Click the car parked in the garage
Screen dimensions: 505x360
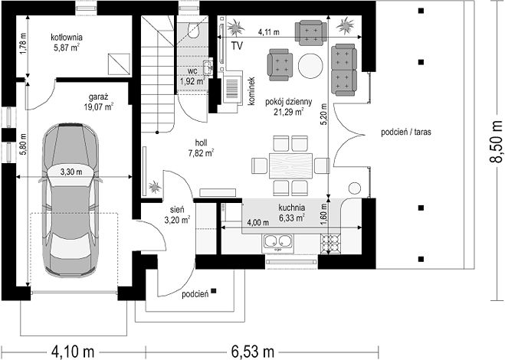[x=71, y=200]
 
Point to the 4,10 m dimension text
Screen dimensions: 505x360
[x=73, y=352]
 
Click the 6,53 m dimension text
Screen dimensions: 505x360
[x=253, y=352]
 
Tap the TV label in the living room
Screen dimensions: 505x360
[x=237, y=46]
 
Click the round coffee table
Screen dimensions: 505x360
[x=310, y=66]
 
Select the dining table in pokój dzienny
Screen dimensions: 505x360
[x=291, y=166]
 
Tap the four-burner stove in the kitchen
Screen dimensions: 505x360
[x=330, y=243]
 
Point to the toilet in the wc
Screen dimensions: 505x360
[x=194, y=31]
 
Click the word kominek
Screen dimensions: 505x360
[x=251, y=91]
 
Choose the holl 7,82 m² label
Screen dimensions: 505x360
[x=202, y=148]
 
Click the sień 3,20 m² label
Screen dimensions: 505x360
[x=177, y=214]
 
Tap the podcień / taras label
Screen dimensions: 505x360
[x=406, y=132]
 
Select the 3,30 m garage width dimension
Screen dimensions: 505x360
[x=71, y=172]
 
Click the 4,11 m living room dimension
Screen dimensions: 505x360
[x=269, y=32]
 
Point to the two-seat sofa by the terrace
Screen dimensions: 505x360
[x=344, y=70]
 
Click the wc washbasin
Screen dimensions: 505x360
[x=208, y=67]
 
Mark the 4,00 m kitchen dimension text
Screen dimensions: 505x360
[x=257, y=222]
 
